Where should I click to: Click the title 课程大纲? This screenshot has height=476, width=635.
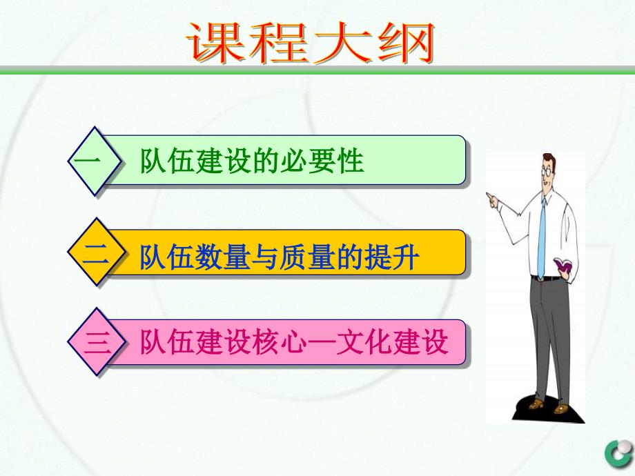click(311, 43)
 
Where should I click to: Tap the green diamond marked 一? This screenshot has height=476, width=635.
click(95, 161)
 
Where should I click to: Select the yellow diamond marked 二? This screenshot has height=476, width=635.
click(95, 252)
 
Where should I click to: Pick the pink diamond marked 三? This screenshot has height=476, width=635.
click(95, 342)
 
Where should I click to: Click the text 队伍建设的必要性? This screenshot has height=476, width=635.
click(251, 161)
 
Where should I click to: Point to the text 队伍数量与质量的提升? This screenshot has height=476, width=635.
click(280, 257)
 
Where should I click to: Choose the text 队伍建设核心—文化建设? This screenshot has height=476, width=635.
click(294, 342)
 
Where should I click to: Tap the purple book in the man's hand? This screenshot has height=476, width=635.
click(563, 265)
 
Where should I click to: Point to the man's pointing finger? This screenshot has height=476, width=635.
click(489, 196)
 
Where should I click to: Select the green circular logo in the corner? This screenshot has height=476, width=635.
click(620, 453)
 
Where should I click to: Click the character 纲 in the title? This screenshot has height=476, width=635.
click(406, 43)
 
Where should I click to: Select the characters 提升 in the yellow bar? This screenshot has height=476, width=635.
click(391, 257)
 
